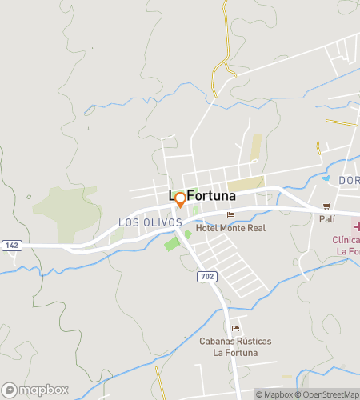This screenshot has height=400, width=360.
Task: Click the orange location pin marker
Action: point(180,198)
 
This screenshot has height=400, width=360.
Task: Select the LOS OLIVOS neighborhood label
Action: point(150,222)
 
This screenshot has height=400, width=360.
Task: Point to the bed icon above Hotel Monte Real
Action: point(231,214)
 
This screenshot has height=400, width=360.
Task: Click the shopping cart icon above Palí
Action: point(326,206)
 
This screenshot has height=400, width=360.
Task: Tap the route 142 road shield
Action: point(12,245)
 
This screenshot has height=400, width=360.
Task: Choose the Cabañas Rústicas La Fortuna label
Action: point(235,346)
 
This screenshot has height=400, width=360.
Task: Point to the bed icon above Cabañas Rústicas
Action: point(235,329)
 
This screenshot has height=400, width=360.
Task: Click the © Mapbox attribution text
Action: point(274,394)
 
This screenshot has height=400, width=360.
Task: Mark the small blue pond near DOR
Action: point(326,177)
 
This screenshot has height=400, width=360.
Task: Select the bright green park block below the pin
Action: point(172,243)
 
